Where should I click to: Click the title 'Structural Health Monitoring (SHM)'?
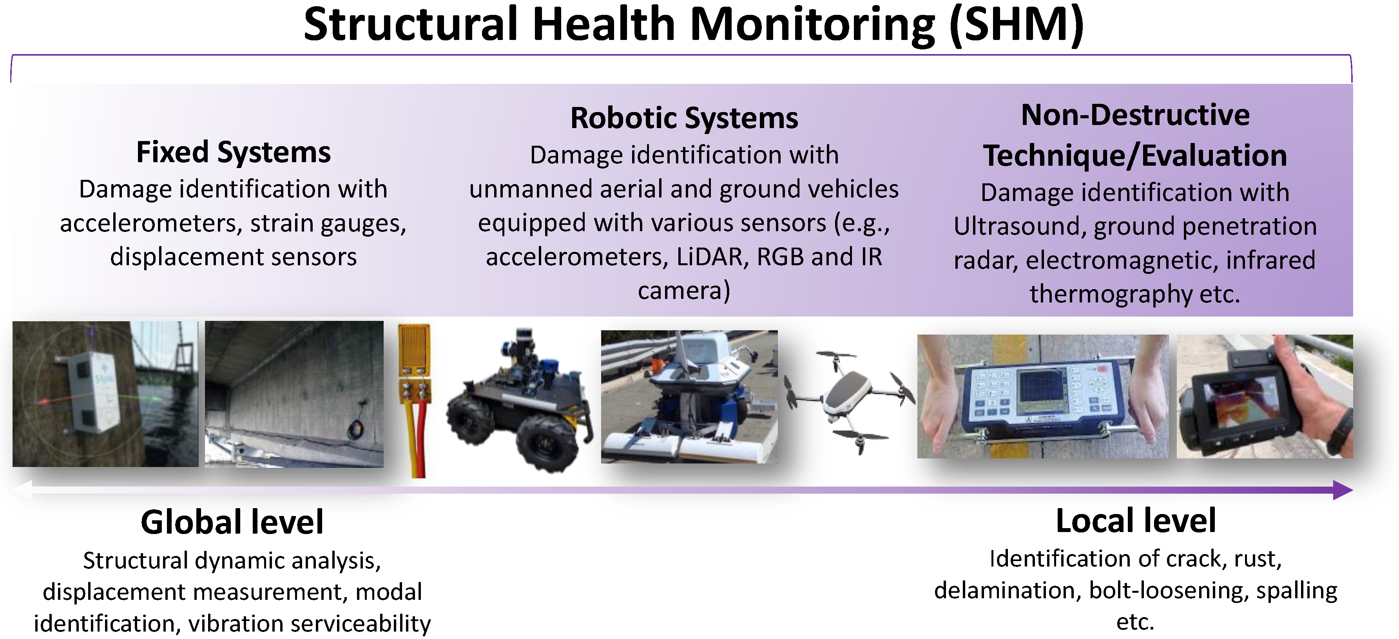pyautogui.click(x=694, y=25)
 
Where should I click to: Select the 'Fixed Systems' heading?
pyautogui.click(x=233, y=152)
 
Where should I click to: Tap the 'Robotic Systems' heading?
pyautogui.click(x=684, y=118)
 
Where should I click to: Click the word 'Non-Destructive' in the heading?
pyautogui.click(x=1135, y=115)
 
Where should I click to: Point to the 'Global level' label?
pyautogui.click(x=232, y=522)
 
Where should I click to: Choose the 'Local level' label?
pyautogui.click(x=1136, y=521)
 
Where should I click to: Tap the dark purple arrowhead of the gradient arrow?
pyautogui.click(x=1343, y=490)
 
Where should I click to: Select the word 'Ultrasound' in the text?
pyautogui.click(x=1019, y=226)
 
